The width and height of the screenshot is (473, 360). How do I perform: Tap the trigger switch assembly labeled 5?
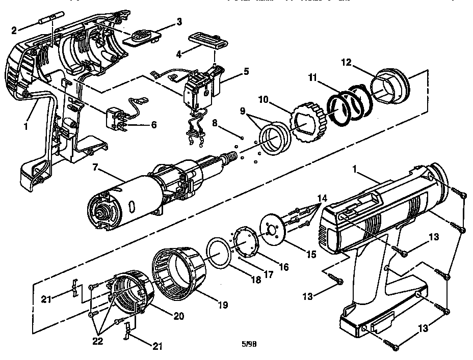click(x=201, y=87)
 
